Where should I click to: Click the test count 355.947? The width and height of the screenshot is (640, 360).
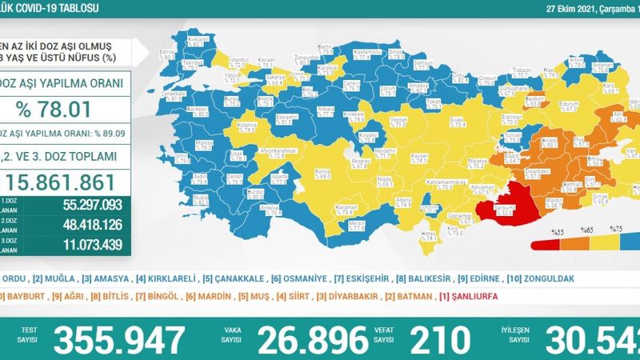click(118, 339)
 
